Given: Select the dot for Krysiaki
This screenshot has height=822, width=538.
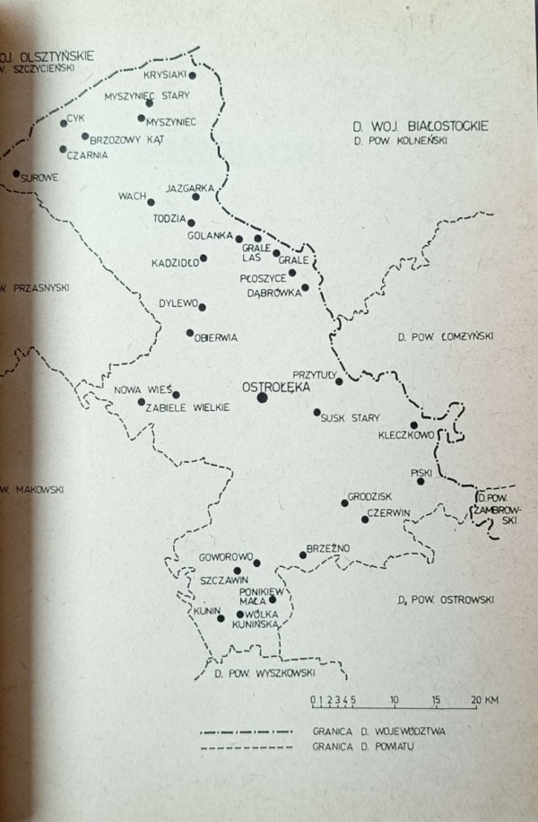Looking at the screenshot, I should pyautogui.click(x=192, y=75).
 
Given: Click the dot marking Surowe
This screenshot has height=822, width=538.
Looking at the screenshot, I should pyautogui.click(x=16, y=173).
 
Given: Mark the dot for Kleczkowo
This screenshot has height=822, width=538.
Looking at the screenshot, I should pyautogui.click(x=413, y=424).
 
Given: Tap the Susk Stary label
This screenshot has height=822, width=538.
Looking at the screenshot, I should pyautogui.click(x=351, y=418).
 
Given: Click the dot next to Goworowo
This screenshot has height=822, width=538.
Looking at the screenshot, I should pyautogui.click(x=257, y=564).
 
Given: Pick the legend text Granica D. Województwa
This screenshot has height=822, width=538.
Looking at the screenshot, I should pyautogui.click(x=380, y=730).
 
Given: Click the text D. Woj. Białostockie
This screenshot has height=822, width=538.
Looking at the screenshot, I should pyautogui.click(x=421, y=127).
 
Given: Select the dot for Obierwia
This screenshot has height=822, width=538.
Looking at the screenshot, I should pyautogui.click(x=189, y=333).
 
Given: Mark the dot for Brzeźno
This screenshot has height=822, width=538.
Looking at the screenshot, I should pyautogui.click(x=303, y=555).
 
